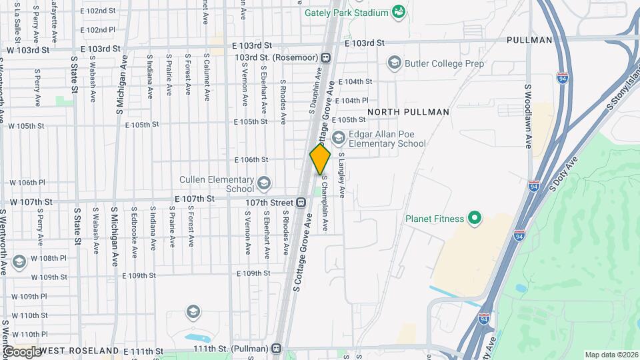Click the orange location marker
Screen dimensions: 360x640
320,160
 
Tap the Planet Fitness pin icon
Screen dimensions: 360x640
475,218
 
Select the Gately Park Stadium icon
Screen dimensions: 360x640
398,12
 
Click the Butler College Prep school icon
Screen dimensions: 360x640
393,63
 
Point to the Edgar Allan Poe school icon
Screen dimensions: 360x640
338,138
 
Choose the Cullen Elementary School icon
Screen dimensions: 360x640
264,183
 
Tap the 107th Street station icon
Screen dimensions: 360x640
301,202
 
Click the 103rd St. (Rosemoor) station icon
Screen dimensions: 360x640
325,57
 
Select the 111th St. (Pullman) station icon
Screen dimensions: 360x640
276,349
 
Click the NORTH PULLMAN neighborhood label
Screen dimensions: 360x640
408,112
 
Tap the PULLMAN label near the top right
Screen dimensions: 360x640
529,40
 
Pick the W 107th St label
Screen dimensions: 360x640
28,201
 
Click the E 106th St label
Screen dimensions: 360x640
251,159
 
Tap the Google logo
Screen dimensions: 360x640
21,351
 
